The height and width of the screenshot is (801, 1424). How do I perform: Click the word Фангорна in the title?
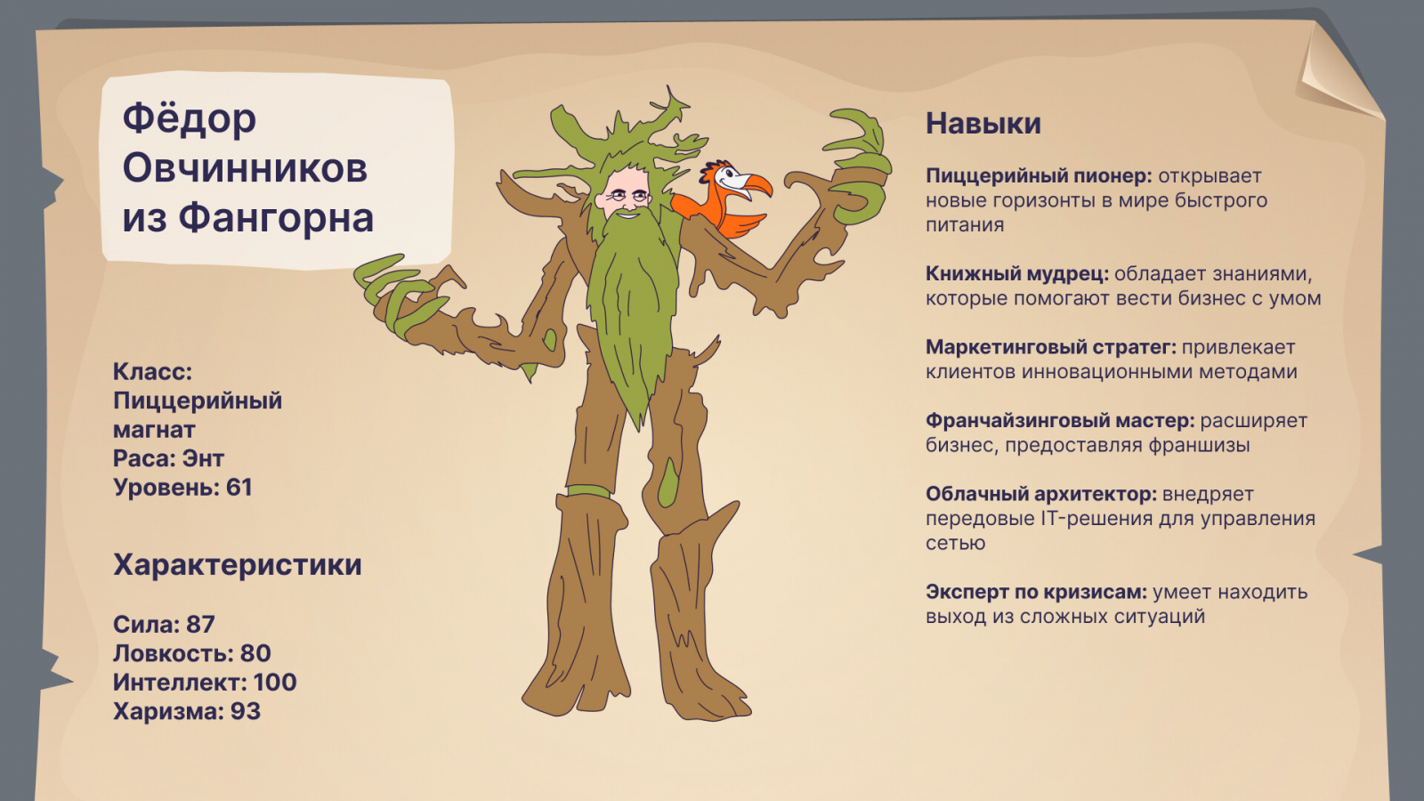276,217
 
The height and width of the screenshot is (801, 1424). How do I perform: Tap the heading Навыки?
983,124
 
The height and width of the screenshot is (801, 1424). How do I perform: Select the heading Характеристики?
237,564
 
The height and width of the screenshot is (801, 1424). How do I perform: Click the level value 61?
239,487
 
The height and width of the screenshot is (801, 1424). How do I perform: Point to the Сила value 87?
200,624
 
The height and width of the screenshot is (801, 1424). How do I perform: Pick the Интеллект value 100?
275,682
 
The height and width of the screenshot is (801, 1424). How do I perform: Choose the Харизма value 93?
246,711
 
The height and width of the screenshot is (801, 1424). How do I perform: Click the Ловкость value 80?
255,653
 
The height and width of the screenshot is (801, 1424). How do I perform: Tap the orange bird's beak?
756,185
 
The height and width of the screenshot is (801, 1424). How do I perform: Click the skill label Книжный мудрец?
1017,274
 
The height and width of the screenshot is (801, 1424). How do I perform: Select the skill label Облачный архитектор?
1041,494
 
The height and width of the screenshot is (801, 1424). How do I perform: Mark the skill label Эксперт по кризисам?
1036,592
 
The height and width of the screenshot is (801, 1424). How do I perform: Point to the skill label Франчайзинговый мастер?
1060,421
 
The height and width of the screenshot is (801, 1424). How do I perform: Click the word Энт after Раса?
203,458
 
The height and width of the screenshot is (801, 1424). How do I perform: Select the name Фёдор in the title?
189,118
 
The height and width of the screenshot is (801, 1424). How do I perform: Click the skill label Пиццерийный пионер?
1039,176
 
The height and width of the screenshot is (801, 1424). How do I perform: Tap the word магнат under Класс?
154,430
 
